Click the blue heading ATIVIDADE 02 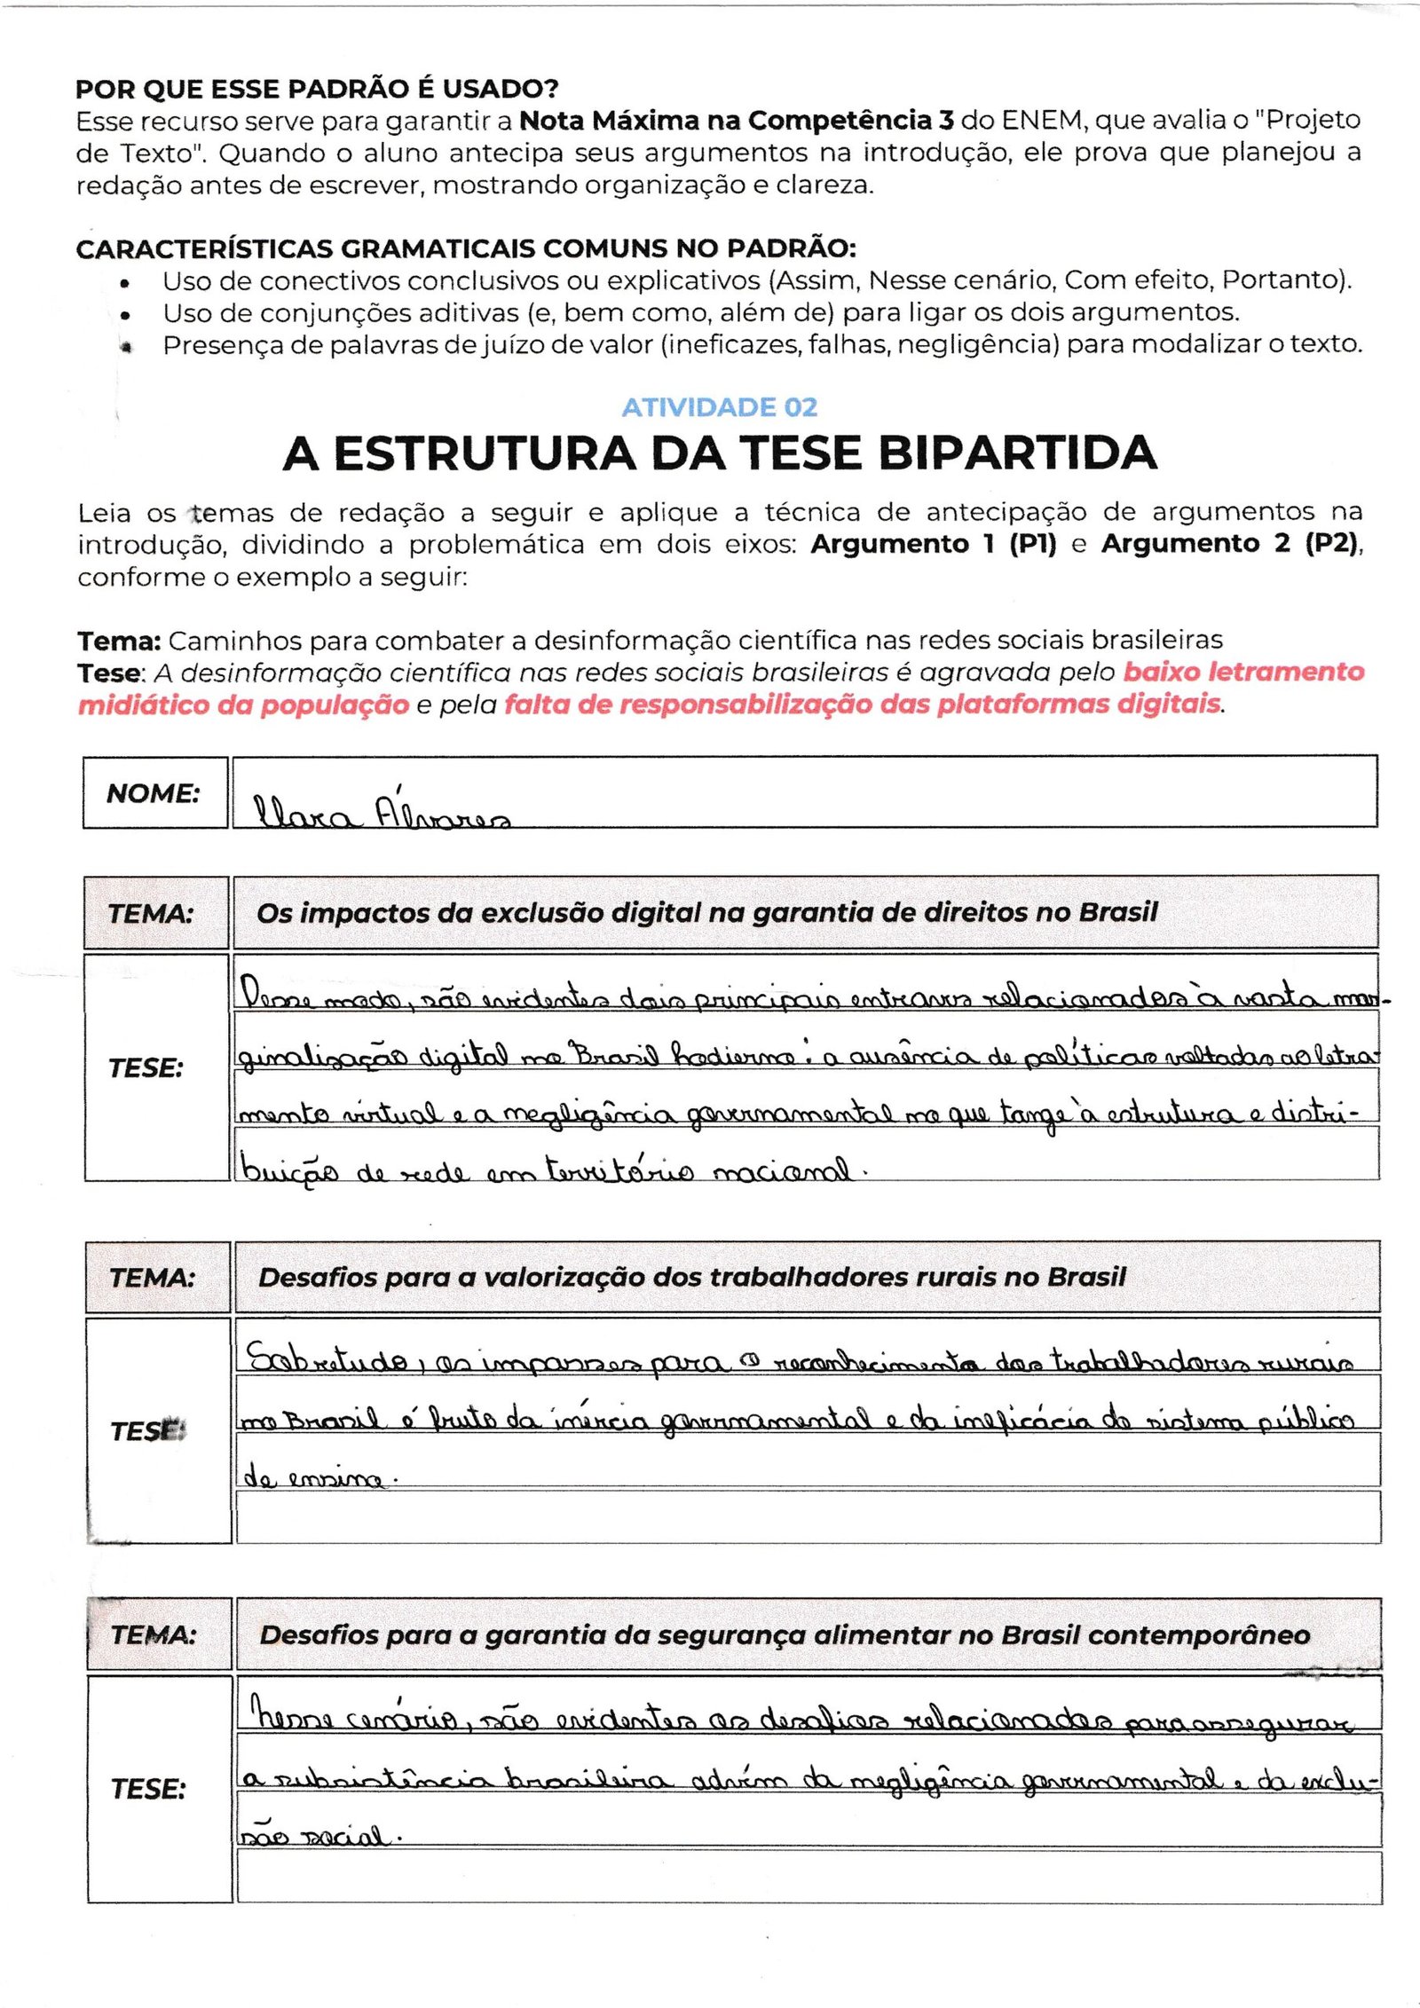[x=719, y=407]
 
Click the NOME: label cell [x=154, y=793]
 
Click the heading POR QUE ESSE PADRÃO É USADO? [x=317, y=89]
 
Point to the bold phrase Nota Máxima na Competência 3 [x=736, y=121]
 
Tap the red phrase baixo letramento [x=1243, y=672]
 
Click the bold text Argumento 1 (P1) [x=933, y=544]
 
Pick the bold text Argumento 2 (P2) [x=1229, y=544]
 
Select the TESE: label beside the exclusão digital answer [x=146, y=1068]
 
